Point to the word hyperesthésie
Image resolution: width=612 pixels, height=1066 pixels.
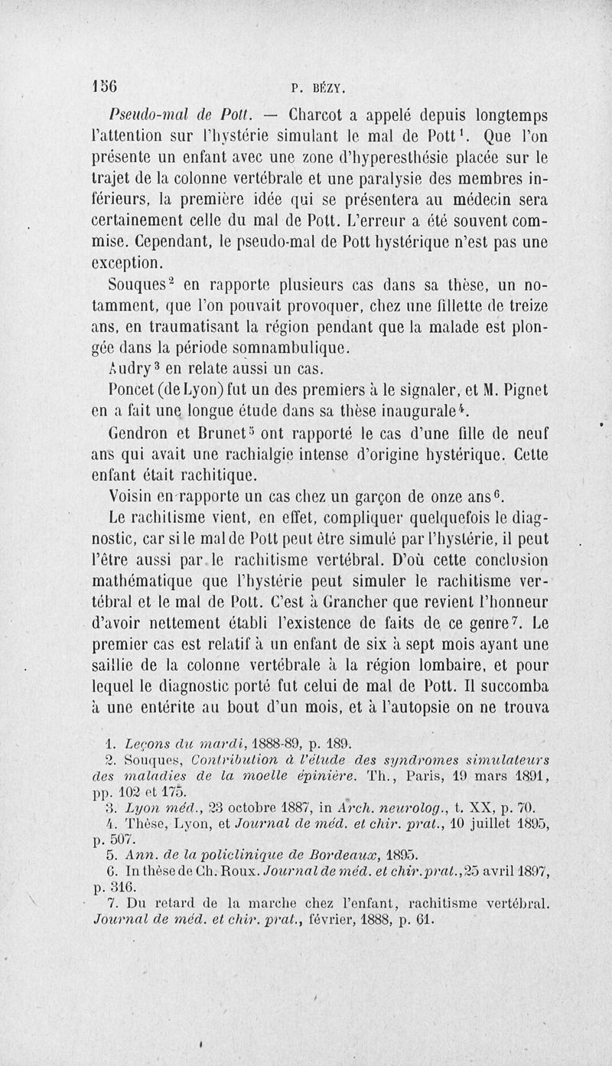point(364,161)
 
